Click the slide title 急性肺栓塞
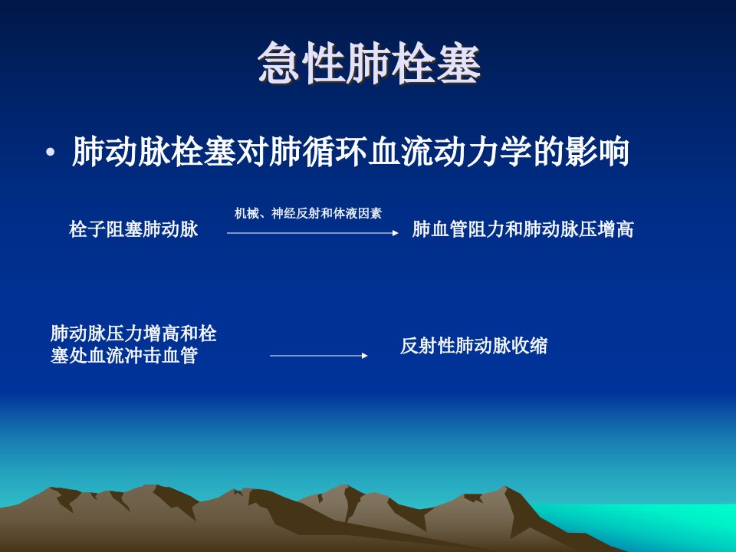pyautogui.click(x=370, y=63)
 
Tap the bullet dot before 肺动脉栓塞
pyautogui.click(x=51, y=152)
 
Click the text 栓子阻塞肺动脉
pyautogui.click(x=133, y=229)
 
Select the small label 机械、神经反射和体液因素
pyautogui.click(x=308, y=214)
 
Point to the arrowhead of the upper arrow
pyautogui.click(x=396, y=233)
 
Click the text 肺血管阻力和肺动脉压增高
pyautogui.click(x=523, y=229)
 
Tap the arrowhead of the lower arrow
pyautogui.click(x=365, y=356)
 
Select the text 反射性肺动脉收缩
pyautogui.click(x=474, y=346)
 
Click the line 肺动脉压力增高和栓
pyautogui.click(x=133, y=333)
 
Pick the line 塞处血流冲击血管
pyautogui.click(x=124, y=355)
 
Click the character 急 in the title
pyautogui.click(x=279, y=63)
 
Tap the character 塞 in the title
pyautogui.click(x=459, y=63)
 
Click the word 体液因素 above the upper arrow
pyautogui.click(x=357, y=214)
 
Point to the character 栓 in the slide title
pyautogui.click(x=415, y=63)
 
